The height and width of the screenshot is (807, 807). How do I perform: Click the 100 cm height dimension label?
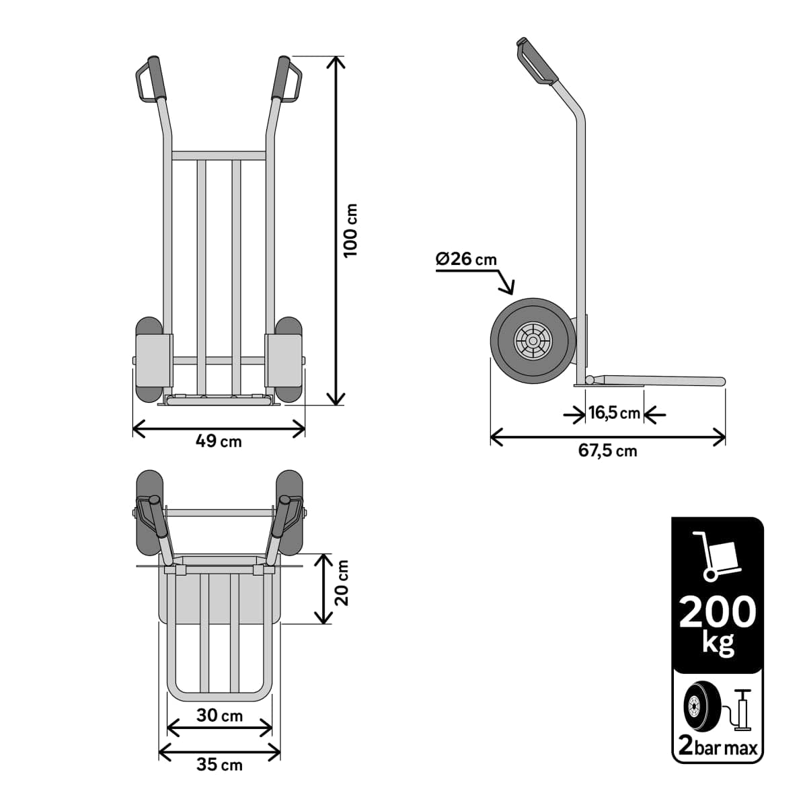(x=350, y=230)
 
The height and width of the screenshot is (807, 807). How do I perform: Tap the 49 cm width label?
(x=219, y=442)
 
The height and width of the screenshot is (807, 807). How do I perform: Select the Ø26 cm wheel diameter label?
(x=466, y=259)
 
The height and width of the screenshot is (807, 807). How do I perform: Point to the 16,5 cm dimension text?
(x=614, y=413)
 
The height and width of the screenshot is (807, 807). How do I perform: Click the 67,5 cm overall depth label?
(x=607, y=451)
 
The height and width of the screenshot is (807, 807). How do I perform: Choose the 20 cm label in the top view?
(x=342, y=582)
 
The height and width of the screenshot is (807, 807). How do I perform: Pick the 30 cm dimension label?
(x=219, y=716)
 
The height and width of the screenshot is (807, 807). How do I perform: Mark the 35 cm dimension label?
(x=219, y=765)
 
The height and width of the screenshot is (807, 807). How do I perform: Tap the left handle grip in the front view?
(x=158, y=78)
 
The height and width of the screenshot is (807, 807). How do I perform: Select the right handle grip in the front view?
(x=279, y=78)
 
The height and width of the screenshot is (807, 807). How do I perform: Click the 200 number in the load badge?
(x=718, y=612)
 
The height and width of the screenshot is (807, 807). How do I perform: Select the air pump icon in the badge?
(x=743, y=710)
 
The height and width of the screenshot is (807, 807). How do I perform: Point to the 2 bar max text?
(x=718, y=746)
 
